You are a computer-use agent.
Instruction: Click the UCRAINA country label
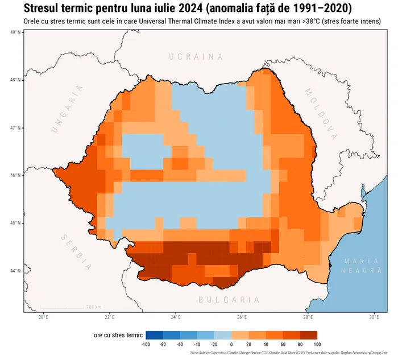tap(196, 57)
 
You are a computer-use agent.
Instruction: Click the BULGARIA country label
tap(229, 300)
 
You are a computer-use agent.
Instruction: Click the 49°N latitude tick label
tap(16, 32)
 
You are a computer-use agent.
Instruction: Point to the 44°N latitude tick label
tap(16, 271)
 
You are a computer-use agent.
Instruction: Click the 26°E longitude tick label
tap(242, 317)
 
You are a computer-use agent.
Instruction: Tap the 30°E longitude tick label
tap(374, 317)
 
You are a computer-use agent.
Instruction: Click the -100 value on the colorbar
tap(146, 345)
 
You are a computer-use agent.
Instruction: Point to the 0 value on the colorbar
tap(231, 345)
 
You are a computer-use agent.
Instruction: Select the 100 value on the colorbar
tap(317, 345)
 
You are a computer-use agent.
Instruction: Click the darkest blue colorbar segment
tap(154, 335)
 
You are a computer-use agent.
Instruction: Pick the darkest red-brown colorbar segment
tap(309, 335)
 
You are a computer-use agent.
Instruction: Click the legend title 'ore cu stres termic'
tap(118, 336)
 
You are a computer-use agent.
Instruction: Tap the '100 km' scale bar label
tap(94, 307)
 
